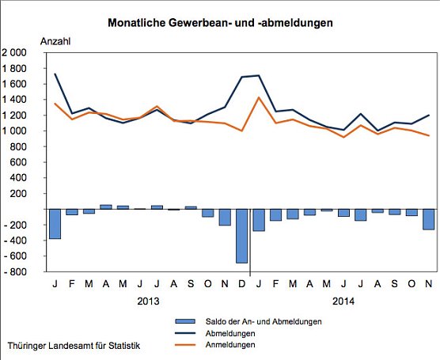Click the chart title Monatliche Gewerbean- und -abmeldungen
[x=220, y=23]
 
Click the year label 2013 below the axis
[x=147, y=301]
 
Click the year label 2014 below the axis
[x=343, y=301]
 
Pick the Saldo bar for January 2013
[x=55, y=224]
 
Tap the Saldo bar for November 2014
[x=428, y=219]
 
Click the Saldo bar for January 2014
[x=259, y=220]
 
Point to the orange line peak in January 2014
[x=259, y=97]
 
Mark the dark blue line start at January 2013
[x=55, y=74]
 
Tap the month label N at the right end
[x=428, y=283]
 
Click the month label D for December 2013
[x=241, y=283]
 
